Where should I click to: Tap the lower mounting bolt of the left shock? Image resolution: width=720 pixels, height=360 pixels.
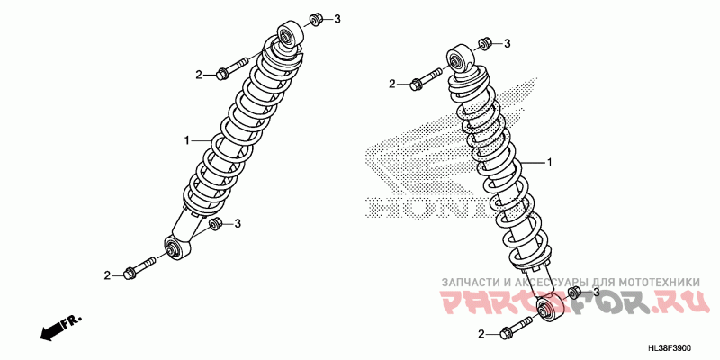pyautogui.click(x=140, y=268)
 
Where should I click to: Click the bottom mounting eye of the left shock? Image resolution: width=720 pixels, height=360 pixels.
pyautogui.click(x=175, y=246)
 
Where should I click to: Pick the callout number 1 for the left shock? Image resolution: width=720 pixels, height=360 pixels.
pyautogui.click(x=187, y=140)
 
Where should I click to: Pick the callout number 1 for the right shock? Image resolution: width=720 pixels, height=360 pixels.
pyautogui.click(x=548, y=162)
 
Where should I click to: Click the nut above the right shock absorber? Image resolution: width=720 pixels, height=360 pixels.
pyautogui.click(x=484, y=43)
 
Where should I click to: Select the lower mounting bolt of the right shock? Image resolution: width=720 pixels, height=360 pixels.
pyautogui.click(x=513, y=329)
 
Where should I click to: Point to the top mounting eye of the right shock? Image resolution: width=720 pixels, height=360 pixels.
pyautogui.click(x=457, y=59)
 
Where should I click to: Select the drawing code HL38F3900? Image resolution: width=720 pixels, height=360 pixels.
pyautogui.click(x=681, y=347)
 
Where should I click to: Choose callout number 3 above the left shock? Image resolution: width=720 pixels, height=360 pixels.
pyautogui.click(x=337, y=19)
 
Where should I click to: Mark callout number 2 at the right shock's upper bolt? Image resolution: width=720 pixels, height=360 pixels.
pyautogui.click(x=392, y=84)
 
